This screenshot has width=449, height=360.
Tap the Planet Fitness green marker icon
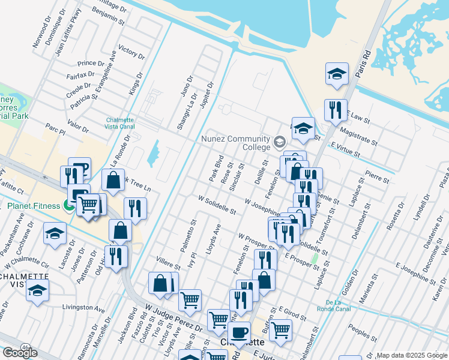(x=70, y=206)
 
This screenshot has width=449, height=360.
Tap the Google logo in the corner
(x=20, y=353)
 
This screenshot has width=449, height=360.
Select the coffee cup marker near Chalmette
(x=240, y=332)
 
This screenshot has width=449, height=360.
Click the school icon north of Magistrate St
(x=337, y=74)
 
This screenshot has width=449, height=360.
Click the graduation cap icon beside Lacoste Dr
(x=55, y=233)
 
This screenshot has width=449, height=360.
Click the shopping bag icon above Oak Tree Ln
(x=113, y=179)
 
